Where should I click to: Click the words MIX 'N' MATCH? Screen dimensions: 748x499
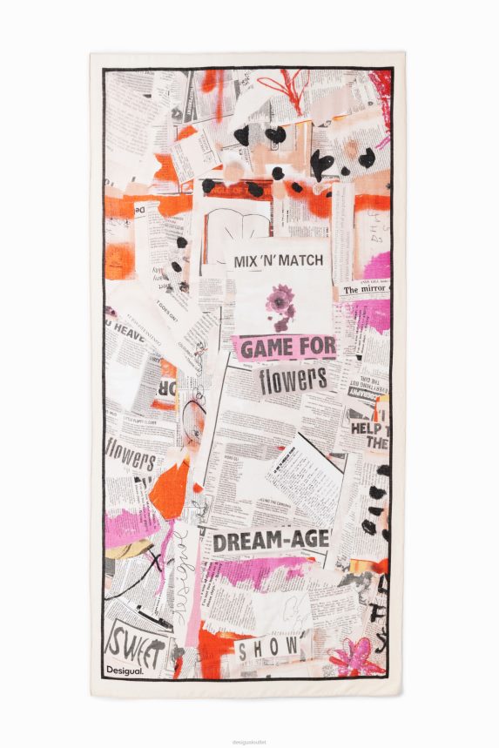[x=279, y=260]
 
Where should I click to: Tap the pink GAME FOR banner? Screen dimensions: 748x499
[x=286, y=348]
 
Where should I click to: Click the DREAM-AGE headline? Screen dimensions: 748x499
[x=271, y=542]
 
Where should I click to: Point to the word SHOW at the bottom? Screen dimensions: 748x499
[x=268, y=649]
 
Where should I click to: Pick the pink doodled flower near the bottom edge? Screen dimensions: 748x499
[x=355, y=655]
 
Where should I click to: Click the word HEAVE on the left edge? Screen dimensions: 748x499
[x=127, y=333]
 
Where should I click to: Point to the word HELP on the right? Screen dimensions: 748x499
[x=369, y=428]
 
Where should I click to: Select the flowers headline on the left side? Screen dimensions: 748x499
[x=131, y=456]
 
